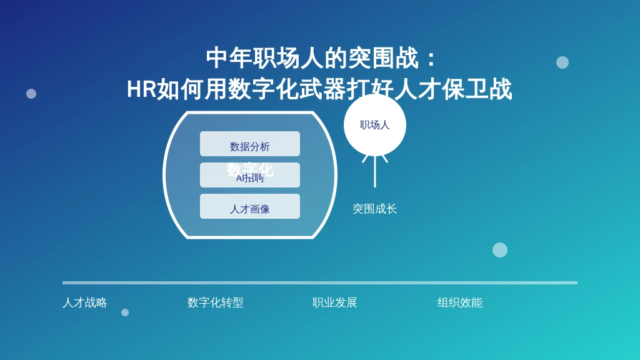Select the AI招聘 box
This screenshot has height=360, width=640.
tap(250, 178)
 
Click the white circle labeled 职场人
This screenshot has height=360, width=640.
tap(375, 125)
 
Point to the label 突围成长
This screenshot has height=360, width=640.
tap(375, 209)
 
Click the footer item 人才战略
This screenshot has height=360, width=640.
tap(85, 302)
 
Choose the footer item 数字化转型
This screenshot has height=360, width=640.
tap(216, 302)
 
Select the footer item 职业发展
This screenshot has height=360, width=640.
tap(335, 302)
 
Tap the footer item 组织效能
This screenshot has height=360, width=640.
tap(460, 302)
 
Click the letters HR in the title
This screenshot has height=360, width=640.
tap(141, 89)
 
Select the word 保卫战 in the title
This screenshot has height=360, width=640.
tap(477, 89)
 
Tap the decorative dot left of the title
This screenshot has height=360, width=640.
tap(31, 94)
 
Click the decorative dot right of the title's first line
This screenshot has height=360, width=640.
tap(562, 62)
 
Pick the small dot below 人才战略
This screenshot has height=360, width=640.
tap(125, 312)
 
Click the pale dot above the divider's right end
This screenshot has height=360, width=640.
tap(500, 250)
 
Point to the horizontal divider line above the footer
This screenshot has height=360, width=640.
tap(320, 282)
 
